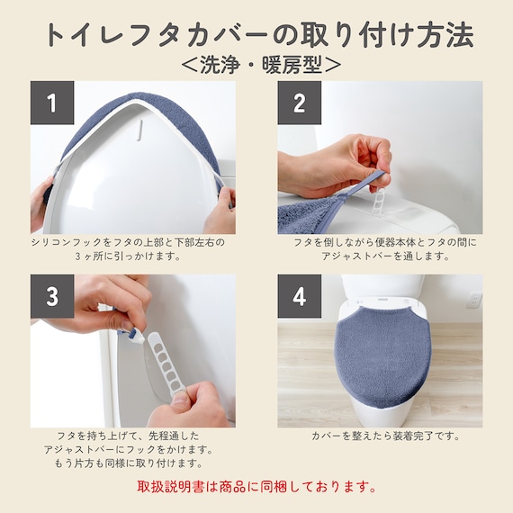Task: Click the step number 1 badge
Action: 52,103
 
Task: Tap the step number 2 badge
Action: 299,103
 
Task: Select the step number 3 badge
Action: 52,296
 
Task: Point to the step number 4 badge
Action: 299,296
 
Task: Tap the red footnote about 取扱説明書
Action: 256,487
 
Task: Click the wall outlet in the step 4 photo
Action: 473,300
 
